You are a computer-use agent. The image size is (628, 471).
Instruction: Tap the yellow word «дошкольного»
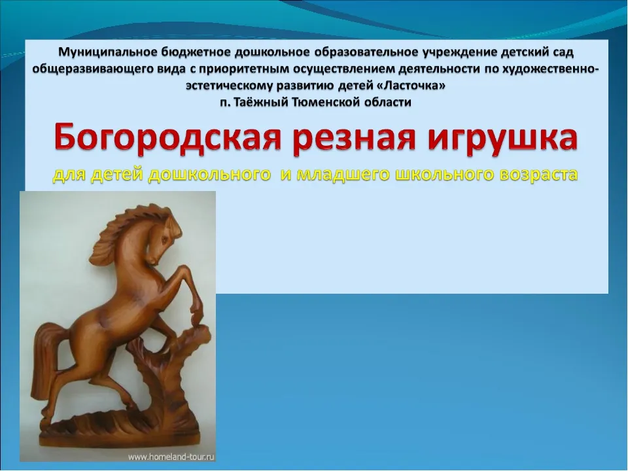point(209,175)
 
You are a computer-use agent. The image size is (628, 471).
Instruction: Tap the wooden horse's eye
point(164,240)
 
